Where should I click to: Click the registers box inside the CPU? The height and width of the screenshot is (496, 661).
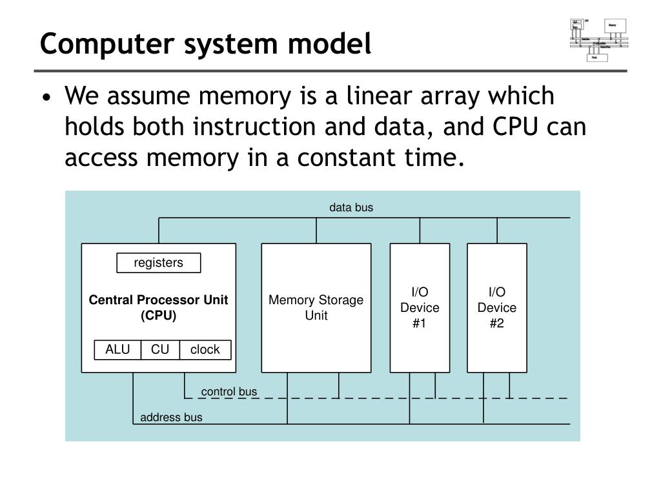pyautogui.click(x=158, y=263)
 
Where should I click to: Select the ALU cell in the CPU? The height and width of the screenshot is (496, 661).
pyautogui.click(x=117, y=349)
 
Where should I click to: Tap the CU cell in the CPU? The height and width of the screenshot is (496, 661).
pyautogui.click(x=160, y=349)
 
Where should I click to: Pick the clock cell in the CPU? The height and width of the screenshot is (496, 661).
pyautogui.click(x=205, y=349)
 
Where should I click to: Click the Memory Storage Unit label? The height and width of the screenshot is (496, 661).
pyautogui.click(x=316, y=307)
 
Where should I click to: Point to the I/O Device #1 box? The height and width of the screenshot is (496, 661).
pyautogui.click(x=420, y=307)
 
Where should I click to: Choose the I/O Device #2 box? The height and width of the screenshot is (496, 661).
pyautogui.click(x=496, y=307)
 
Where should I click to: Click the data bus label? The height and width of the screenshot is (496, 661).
pyautogui.click(x=351, y=208)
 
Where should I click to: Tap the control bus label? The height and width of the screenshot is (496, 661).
pyautogui.click(x=229, y=391)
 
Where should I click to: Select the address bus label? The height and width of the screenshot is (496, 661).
pyautogui.click(x=171, y=417)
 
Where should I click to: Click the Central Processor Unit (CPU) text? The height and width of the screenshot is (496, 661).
pyautogui.click(x=158, y=307)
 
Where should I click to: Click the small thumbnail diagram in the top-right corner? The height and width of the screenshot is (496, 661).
pyautogui.click(x=598, y=40)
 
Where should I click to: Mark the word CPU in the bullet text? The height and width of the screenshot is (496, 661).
pyautogui.click(x=516, y=127)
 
